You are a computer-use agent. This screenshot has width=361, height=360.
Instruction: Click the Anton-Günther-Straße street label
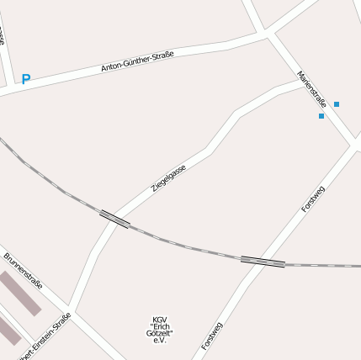click(x=137, y=61)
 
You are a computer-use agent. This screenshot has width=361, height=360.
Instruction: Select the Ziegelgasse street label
click(x=168, y=178)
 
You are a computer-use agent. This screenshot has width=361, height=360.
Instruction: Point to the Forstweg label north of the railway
click(x=312, y=199)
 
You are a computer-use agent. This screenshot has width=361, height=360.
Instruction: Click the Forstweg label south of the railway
click(x=212, y=336)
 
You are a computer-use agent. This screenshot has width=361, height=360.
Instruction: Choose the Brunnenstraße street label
click(x=24, y=270)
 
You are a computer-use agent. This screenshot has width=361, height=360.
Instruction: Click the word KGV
click(x=159, y=320)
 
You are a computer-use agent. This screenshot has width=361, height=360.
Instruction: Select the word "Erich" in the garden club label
click(x=160, y=327)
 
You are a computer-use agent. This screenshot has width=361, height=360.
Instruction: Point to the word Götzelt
click(x=160, y=334)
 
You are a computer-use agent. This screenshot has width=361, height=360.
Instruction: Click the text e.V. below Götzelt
click(x=160, y=341)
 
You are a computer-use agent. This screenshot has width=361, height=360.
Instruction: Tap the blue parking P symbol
click(x=26, y=79)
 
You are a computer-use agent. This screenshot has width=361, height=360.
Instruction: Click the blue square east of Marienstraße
click(x=337, y=104)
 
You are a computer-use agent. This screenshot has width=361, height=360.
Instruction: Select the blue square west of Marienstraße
click(x=321, y=116)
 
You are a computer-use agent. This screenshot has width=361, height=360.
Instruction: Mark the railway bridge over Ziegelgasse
click(x=114, y=220)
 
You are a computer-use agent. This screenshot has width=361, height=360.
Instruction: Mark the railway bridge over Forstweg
click(x=263, y=262)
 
